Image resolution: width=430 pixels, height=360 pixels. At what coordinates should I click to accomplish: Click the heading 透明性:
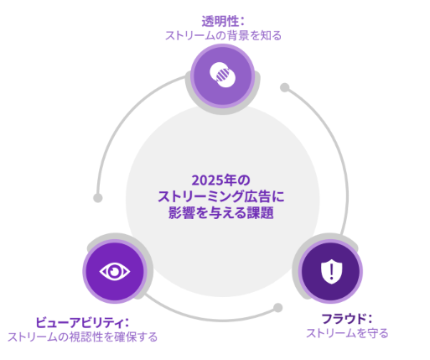pos(223,22)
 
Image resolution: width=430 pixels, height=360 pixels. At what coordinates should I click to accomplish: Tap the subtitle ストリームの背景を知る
pos(223,36)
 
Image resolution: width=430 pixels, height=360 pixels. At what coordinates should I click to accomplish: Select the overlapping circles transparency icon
pos(223,75)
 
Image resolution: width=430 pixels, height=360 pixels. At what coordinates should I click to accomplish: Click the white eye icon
pos(115,271)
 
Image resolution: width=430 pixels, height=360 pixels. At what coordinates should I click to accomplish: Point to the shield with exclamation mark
pos(331,271)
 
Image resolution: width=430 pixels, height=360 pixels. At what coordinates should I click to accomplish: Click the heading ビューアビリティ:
pos(82,322)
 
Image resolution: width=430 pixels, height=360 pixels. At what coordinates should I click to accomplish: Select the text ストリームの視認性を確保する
pos(82,337)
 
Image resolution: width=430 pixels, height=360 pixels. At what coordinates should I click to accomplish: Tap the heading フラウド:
pos(347,319)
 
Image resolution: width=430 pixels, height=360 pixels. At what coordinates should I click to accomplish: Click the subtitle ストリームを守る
pos(347,333)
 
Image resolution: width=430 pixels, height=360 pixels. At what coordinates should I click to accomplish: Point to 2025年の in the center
pos(220,180)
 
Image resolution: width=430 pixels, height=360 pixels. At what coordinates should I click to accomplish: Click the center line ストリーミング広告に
pos(221,196)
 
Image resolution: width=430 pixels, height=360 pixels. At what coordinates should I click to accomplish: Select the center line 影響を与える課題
pos(221,213)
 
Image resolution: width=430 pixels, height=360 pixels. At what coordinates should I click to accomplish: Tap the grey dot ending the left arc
pos(98,198)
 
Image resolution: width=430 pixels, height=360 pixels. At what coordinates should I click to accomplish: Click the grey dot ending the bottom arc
pos(277,308)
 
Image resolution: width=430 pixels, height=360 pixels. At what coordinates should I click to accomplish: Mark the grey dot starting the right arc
pos(285,87)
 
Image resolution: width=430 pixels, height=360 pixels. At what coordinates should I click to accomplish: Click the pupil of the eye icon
pos(115,271)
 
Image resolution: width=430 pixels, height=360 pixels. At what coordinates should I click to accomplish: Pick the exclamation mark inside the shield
pos(331,271)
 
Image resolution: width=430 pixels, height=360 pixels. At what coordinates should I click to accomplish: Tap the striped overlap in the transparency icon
pos(223,75)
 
